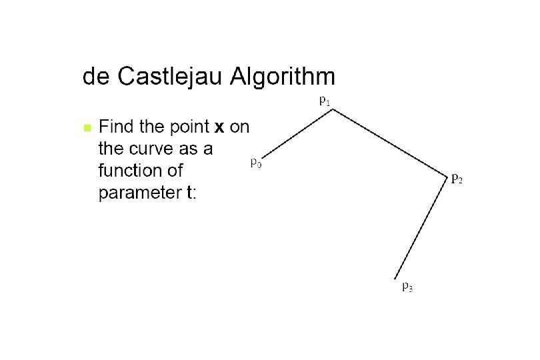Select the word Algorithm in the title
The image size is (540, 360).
[x=282, y=78]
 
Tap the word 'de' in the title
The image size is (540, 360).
[x=97, y=77]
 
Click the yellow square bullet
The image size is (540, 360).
[x=86, y=127]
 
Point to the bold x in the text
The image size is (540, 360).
[x=218, y=127]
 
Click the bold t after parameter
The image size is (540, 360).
[x=189, y=193]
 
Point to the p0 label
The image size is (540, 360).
[x=255, y=162]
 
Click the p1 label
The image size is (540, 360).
[x=324, y=101]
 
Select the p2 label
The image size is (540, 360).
[x=457, y=178]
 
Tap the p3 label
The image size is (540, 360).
[x=407, y=287]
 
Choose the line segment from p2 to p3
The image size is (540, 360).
[x=421, y=227]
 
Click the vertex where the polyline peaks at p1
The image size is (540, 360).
[x=333, y=110]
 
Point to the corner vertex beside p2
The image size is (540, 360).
[x=446, y=177]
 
